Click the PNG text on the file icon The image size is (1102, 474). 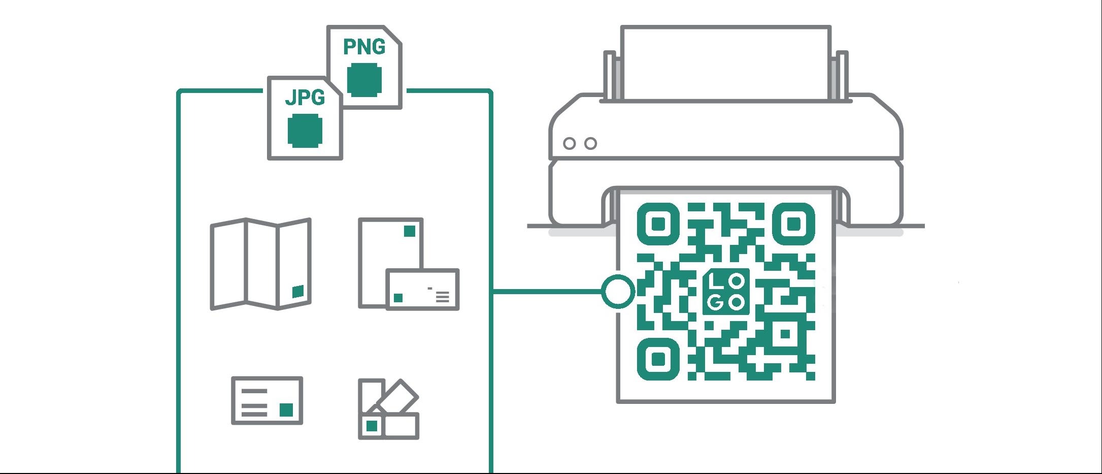[x=364, y=47]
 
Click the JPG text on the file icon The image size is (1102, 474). [x=305, y=97]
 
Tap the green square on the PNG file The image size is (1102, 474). [x=364, y=80]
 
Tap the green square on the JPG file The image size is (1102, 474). [x=305, y=130]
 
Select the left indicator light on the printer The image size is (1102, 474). [x=570, y=143]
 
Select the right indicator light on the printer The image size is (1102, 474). [x=590, y=143]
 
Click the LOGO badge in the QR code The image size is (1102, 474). [x=726, y=291]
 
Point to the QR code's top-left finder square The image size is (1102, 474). [x=658, y=224]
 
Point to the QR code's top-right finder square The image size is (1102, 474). [x=793, y=224]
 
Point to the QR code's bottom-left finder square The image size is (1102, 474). [x=658, y=359]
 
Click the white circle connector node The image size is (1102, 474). [x=618, y=291]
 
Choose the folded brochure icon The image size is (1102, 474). [x=261, y=264]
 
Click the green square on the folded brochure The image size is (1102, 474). [x=298, y=292]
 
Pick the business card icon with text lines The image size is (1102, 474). [x=267, y=400]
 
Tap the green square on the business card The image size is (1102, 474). [x=286, y=410]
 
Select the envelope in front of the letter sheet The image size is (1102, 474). [x=422, y=289]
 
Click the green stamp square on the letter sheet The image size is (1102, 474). [x=409, y=231]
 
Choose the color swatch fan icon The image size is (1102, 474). [x=388, y=409]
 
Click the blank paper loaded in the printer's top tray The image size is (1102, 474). [x=726, y=63]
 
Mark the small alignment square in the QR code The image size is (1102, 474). [x=785, y=334]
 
